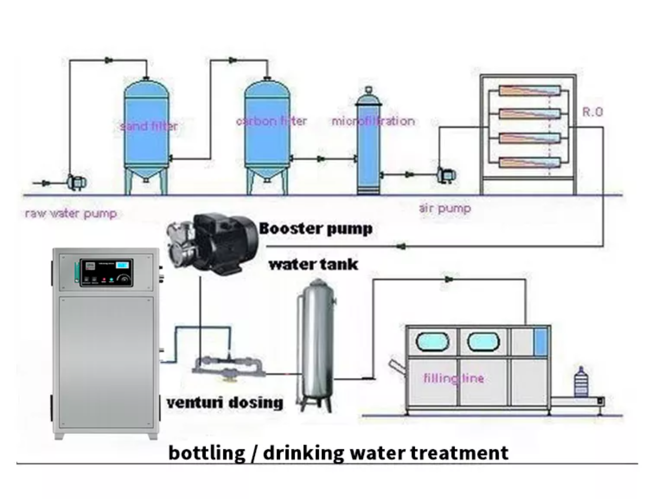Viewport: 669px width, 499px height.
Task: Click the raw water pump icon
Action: [77, 182]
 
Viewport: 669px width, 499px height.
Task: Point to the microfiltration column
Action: [369, 144]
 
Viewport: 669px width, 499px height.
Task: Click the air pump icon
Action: [446, 174]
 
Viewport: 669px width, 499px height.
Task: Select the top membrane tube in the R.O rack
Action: [529, 91]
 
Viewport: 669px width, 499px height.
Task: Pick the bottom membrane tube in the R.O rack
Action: [529, 162]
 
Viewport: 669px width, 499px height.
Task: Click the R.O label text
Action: [592, 112]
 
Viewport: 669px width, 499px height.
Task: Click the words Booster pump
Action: [316, 229]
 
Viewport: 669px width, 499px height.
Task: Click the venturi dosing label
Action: [224, 403]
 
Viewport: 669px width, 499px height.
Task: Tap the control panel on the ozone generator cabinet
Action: [106, 273]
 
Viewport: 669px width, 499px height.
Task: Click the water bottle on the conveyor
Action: [580, 383]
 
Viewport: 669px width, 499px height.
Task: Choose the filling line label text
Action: [454, 378]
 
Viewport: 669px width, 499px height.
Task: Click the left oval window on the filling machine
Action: [433, 342]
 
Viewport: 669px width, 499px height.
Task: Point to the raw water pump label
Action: [71, 213]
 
